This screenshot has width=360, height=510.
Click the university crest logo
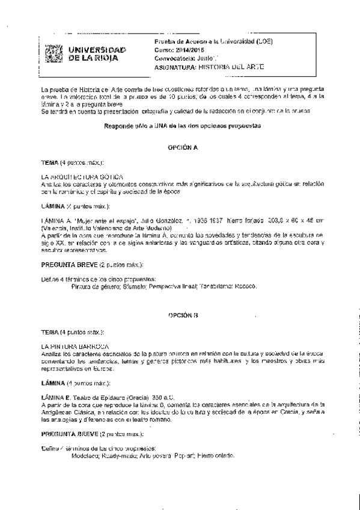click(54, 53)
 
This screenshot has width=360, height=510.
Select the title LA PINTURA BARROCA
click(75, 346)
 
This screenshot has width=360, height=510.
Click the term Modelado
click(84, 456)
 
